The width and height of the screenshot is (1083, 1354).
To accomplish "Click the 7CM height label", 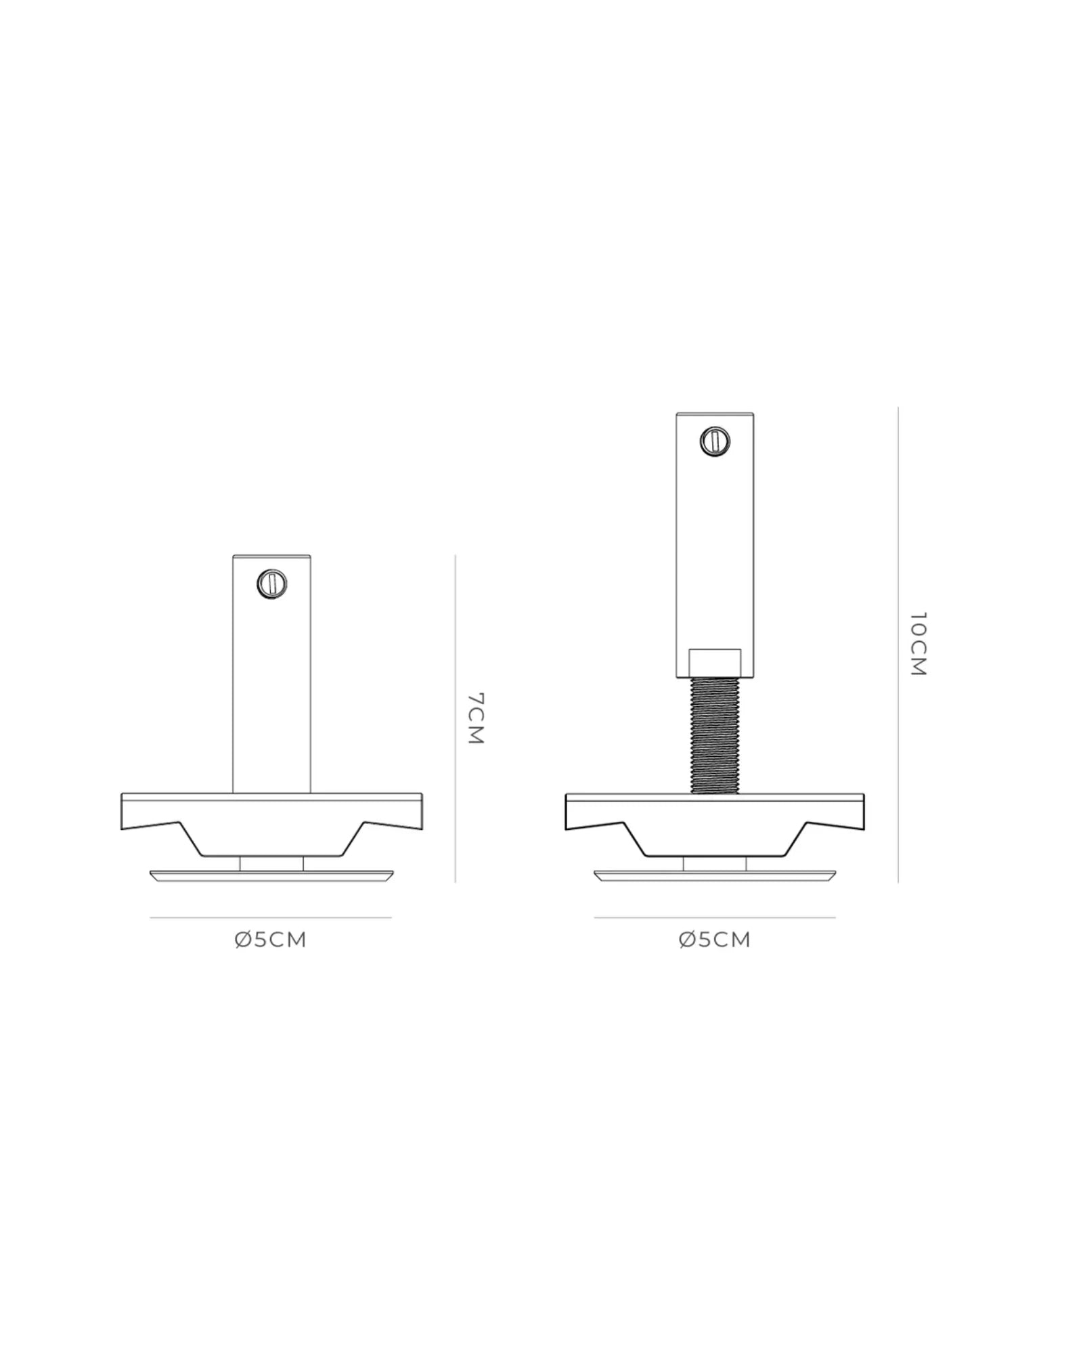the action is [476, 718].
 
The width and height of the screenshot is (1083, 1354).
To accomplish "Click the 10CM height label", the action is [917, 644].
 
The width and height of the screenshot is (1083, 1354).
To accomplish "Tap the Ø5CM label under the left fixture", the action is [271, 940].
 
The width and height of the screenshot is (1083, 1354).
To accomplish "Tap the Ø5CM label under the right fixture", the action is [715, 940].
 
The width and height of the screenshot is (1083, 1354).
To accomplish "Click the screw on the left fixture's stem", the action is [271, 584].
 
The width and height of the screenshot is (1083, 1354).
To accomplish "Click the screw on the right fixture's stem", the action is [715, 441].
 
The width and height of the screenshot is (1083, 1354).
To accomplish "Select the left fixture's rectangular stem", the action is [271, 674].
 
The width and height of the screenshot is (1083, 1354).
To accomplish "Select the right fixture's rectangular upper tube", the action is [715, 546].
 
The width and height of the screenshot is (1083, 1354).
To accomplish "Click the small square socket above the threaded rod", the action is [715, 663].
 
